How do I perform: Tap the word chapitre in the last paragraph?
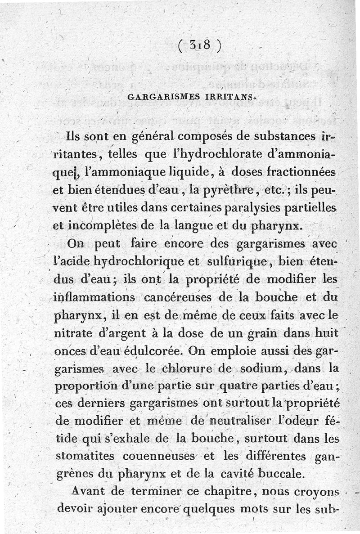(214, 493)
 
